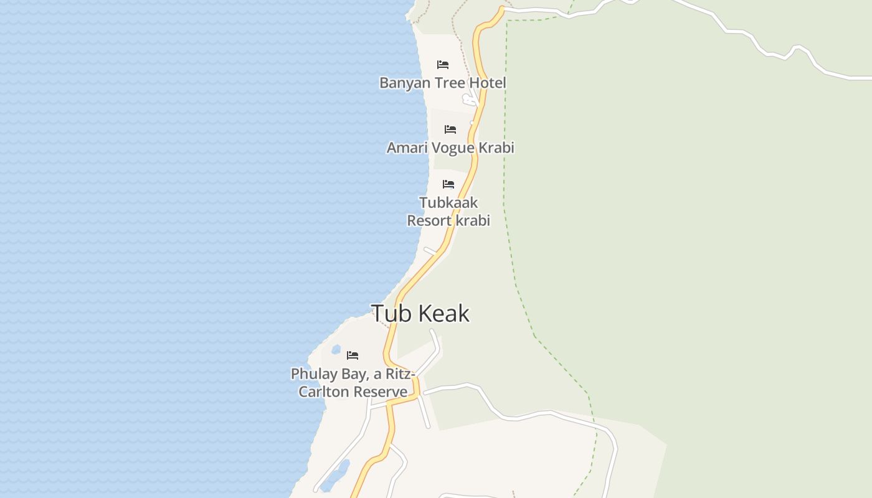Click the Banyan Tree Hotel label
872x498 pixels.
[442, 83]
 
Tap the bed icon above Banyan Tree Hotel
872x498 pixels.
[443, 65]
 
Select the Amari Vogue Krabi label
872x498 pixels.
[450, 148]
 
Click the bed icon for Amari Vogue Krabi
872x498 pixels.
[450, 129]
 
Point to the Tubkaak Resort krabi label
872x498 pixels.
[448, 212]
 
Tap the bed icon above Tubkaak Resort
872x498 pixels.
[448, 184]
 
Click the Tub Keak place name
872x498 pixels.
[420, 313]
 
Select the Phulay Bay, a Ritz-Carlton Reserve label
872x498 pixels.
[353, 382]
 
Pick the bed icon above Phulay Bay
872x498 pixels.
[353, 355]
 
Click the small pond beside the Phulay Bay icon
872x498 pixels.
[336, 349]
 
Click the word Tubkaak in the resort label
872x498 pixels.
[448, 203]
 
